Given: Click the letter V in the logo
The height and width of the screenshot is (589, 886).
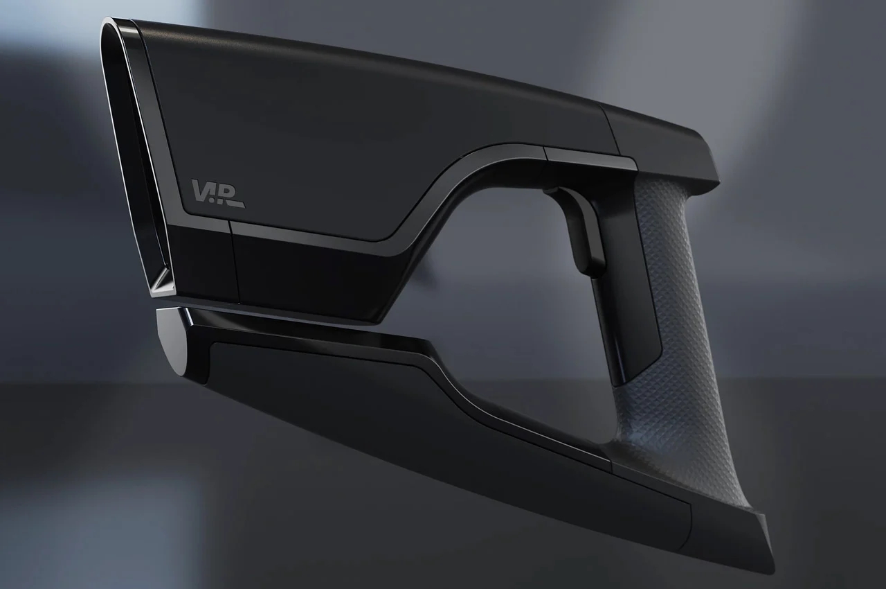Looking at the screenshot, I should coord(200,190).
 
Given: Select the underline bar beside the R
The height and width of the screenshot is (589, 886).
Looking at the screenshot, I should coord(236,205).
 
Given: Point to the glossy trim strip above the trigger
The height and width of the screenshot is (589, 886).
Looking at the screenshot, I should coord(588,158).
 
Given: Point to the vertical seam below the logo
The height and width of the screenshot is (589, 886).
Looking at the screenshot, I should coord(233,263).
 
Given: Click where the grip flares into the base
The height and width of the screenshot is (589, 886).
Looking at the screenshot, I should coord(734,485).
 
